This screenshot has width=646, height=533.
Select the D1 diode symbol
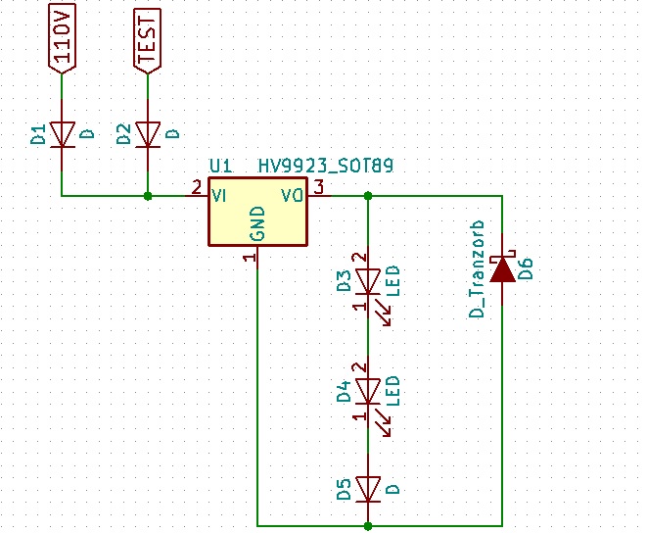[x=62, y=133]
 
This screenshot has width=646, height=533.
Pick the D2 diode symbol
[x=148, y=133]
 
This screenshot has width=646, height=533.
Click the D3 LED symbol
[x=368, y=282]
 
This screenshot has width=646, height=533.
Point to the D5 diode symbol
[x=368, y=487]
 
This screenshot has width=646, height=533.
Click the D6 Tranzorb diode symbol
[x=502, y=269]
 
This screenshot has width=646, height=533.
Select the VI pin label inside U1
[x=220, y=195]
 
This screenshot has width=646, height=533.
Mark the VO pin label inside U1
[x=293, y=195]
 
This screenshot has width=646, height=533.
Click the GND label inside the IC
[x=257, y=224]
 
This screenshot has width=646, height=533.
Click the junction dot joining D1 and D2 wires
[x=148, y=196]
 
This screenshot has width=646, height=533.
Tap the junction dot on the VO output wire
[x=368, y=196]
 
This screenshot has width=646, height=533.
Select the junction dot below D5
[x=368, y=526]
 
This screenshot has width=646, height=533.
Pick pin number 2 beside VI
[x=197, y=186]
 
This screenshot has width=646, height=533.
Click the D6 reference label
[x=526, y=268]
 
